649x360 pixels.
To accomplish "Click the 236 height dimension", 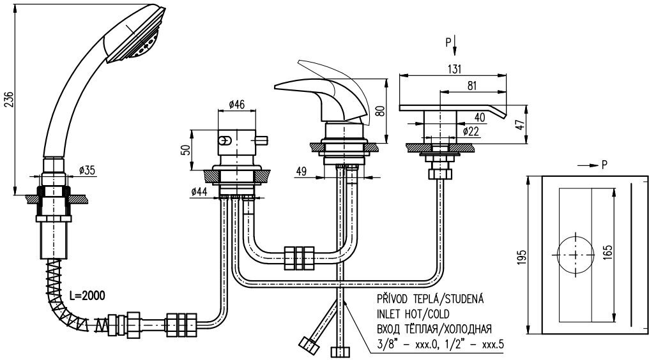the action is coord(8,100).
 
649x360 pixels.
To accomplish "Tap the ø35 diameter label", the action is coord(88,170).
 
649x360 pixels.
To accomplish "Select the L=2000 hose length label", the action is coord(87,295).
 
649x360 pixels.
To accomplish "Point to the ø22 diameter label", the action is coord(471,131).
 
